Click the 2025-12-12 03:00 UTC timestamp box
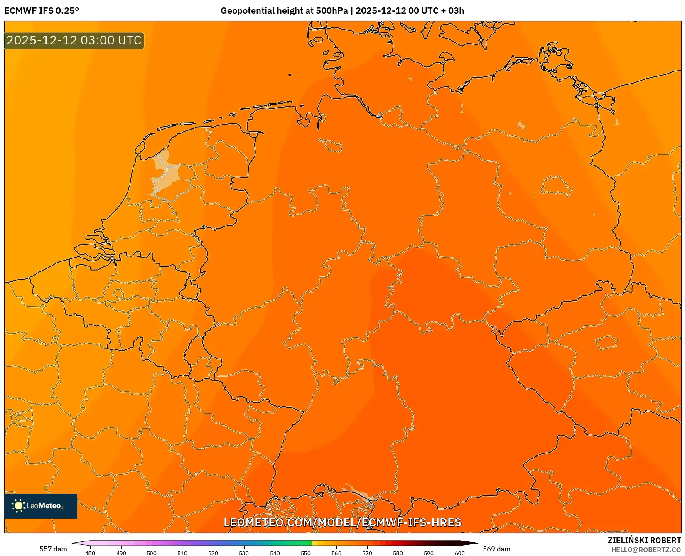(x=74, y=40)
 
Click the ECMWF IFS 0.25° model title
(x=42, y=11)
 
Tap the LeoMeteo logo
(x=41, y=506)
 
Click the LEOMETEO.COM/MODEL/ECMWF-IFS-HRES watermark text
(x=342, y=522)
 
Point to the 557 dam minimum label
(x=53, y=549)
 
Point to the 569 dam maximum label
(x=496, y=549)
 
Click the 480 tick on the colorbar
(x=90, y=553)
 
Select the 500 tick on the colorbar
(x=152, y=553)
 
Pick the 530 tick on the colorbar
(x=244, y=553)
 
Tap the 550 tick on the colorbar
(x=306, y=553)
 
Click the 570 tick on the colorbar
(x=367, y=553)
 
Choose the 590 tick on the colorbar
(x=429, y=553)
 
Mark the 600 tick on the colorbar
(x=459, y=553)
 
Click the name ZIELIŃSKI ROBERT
(x=644, y=540)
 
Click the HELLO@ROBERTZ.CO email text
(x=646, y=550)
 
